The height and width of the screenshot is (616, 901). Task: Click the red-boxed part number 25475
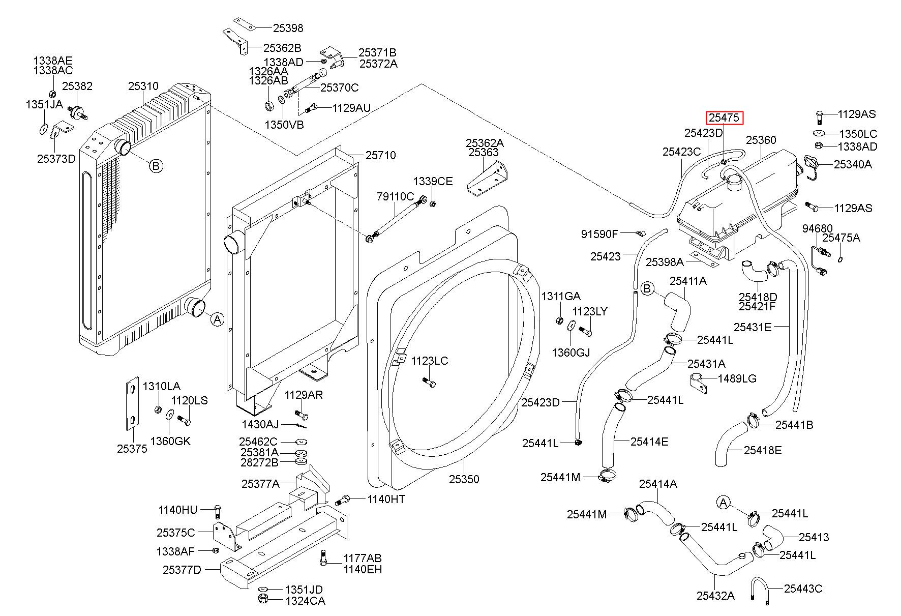pyautogui.click(x=725, y=118)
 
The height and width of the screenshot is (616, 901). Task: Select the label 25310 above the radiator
pyautogui.click(x=143, y=86)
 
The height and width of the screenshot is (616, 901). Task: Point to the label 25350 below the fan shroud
pyautogui.click(x=464, y=479)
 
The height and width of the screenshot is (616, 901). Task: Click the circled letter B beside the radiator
pyautogui.click(x=156, y=165)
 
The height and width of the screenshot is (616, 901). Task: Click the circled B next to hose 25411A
pyautogui.click(x=647, y=289)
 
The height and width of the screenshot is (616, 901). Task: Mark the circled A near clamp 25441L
pyautogui.click(x=723, y=503)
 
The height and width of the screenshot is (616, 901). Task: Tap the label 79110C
pyautogui.click(x=395, y=196)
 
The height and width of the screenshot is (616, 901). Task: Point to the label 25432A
pyautogui.click(x=715, y=596)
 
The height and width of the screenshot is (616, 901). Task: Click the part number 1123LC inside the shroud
pyautogui.click(x=430, y=361)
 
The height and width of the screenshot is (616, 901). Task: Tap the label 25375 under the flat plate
pyautogui.click(x=132, y=449)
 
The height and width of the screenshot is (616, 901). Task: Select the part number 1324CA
pyautogui.click(x=305, y=601)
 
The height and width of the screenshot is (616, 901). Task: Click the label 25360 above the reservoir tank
pyautogui.click(x=761, y=140)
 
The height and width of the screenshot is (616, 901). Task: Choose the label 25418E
pyautogui.click(x=763, y=450)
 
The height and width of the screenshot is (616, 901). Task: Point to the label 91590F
pyautogui.click(x=599, y=234)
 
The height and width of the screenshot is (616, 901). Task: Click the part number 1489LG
pyautogui.click(x=737, y=378)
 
